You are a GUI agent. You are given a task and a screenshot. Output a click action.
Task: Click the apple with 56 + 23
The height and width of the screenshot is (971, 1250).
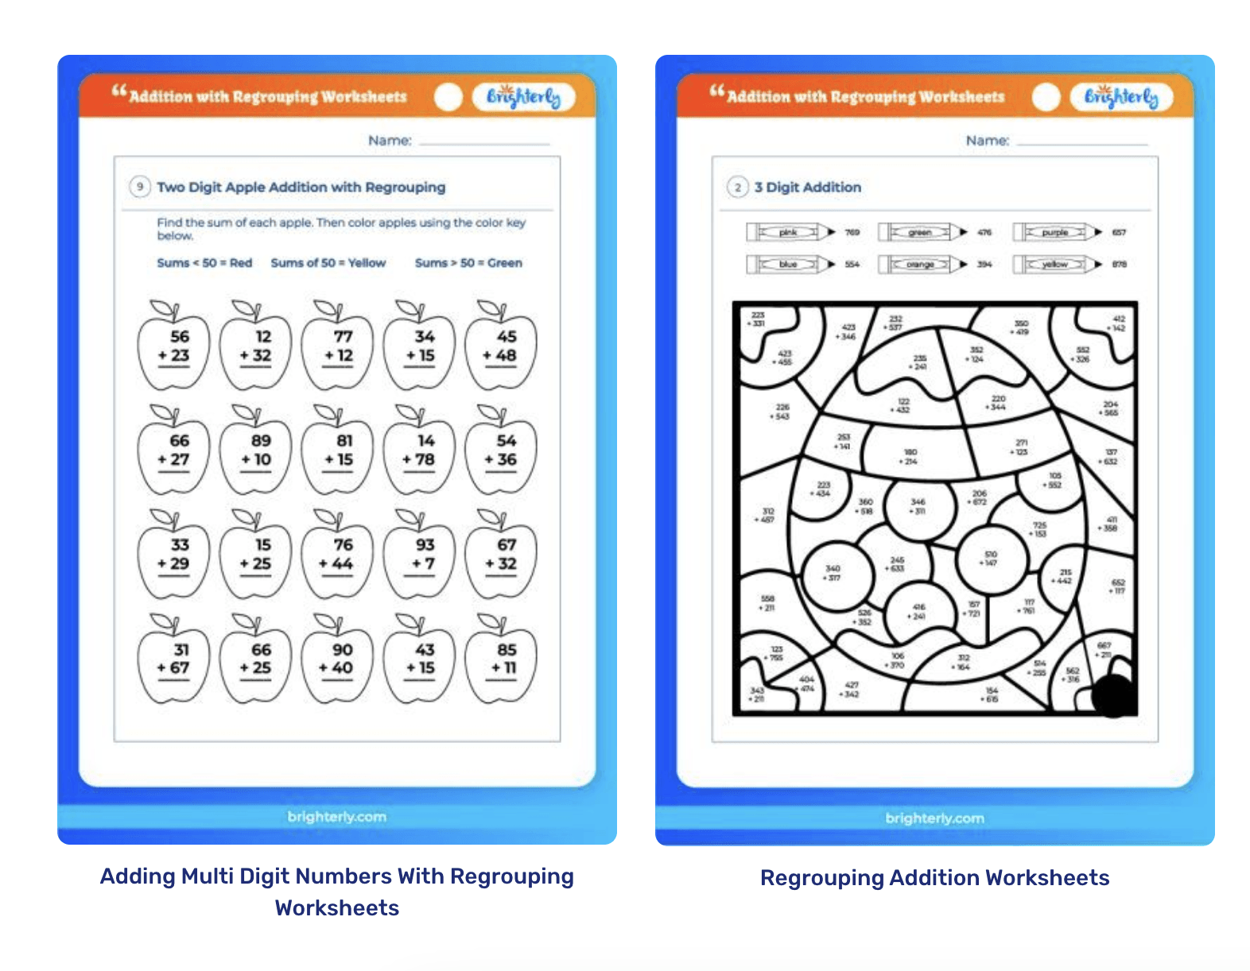pyautogui.click(x=174, y=348)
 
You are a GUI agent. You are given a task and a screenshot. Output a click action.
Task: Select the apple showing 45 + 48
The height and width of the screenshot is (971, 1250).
pyautogui.click(x=501, y=348)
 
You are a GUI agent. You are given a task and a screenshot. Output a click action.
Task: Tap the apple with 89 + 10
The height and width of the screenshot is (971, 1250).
pyautogui.click(x=256, y=452)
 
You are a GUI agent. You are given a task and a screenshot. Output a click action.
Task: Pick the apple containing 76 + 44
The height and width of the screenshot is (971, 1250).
pyautogui.click(x=338, y=556)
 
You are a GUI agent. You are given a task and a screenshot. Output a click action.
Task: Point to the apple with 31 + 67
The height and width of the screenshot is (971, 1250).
pyautogui.click(x=174, y=660)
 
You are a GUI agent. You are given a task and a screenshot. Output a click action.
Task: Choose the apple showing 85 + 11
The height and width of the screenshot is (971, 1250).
pyautogui.click(x=501, y=660)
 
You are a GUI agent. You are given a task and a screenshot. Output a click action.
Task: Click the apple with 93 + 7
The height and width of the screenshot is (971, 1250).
pyautogui.click(x=420, y=556)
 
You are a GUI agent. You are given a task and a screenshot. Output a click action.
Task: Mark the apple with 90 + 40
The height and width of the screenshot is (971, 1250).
pyautogui.click(x=338, y=660)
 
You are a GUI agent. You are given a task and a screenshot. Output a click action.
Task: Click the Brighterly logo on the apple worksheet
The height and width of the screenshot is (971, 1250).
pyautogui.click(x=523, y=97)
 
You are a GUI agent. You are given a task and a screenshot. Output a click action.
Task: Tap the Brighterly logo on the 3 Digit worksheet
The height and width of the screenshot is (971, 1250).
pyautogui.click(x=1121, y=97)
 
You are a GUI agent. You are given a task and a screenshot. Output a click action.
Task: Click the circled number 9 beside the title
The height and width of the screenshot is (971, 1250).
pyautogui.click(x=140, y=187)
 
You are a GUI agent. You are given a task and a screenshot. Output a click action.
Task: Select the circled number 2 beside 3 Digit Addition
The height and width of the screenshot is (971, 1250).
pyautogui.click(x=738, y=187)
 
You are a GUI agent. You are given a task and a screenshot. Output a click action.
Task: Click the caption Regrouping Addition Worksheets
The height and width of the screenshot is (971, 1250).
pyautogui.click(x=934, y=877)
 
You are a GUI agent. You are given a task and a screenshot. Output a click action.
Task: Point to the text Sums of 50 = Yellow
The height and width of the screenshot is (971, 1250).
pyautogui.click(x=328, y=263)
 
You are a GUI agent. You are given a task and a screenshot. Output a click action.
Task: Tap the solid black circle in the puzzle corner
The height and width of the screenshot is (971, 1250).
pyautogui.click(x=1113, y=694)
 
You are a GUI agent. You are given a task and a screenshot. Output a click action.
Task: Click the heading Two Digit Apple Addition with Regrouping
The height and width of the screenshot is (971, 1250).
pyautogui.click(x=301, y=187)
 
